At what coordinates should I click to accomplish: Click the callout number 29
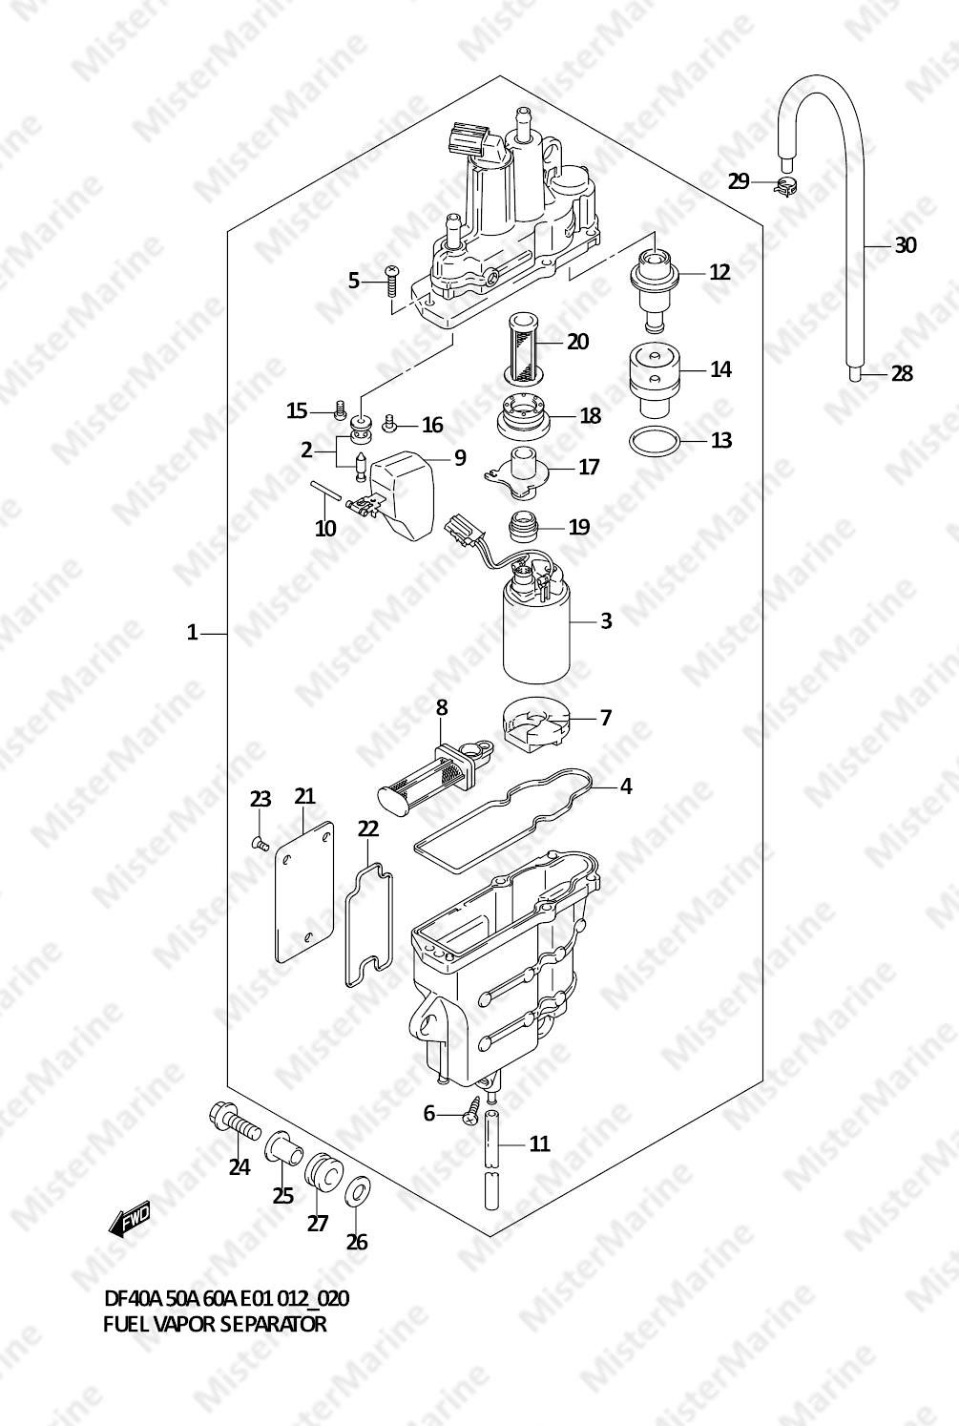coord(739,182)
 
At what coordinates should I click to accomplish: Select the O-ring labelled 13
coord(655,443)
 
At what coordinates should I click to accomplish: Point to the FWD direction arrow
coord(129,1219)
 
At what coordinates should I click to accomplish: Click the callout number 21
coord(304,796)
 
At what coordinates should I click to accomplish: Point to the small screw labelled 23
coord(259,844)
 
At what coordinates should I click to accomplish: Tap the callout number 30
coord(906,245)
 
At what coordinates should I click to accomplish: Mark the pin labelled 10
coord(325,491)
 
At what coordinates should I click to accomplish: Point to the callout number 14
coord(721,369)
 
